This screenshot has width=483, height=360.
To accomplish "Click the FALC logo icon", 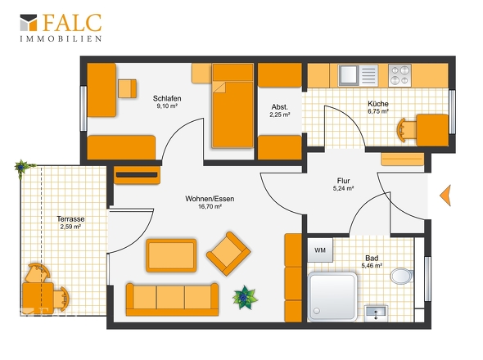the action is [x=29, y=22].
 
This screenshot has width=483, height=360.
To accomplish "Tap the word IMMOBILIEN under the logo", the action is [x=61, y=38].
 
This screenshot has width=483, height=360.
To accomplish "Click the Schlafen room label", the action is [x=167, y=98].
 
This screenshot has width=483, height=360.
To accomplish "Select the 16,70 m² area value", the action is [x=210, y=207].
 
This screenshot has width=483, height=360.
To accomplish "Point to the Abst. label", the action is [x=280, y=107].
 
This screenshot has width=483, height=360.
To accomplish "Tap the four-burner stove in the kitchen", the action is [x=399, y=75].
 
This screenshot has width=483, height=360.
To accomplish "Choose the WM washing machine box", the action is [x=320, y=250].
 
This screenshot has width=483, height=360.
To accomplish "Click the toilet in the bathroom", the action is [x=402, y=276].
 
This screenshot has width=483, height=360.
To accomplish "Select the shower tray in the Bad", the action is [x=332, y=297].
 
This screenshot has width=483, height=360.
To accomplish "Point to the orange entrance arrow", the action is [x=445, y=196].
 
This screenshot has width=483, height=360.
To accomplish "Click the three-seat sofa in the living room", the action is [x=172, y=299].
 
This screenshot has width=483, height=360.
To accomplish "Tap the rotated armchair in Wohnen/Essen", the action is [x=228, y=254].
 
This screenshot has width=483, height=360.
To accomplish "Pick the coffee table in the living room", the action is [x=171, y=255].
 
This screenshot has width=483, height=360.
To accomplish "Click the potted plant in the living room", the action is [x=245, y=298].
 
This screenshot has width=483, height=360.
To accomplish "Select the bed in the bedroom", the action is [x=232, y=106].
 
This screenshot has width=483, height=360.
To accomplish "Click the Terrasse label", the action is [x=70, y=219].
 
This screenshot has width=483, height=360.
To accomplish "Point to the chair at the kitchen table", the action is [x=406, y=130].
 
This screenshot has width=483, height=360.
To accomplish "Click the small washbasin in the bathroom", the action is [x=376, y=313].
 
